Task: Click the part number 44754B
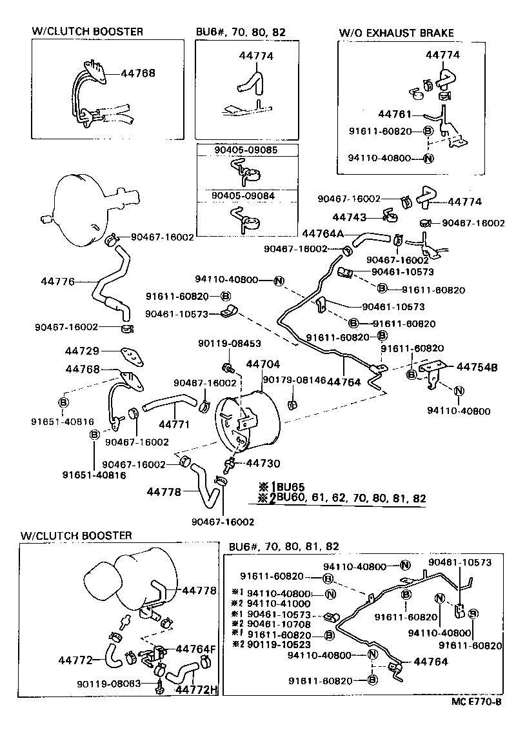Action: point(477,367)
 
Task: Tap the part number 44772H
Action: point(197,691)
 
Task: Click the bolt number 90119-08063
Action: point(108,684)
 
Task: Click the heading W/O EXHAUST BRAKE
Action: point(397,33)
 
